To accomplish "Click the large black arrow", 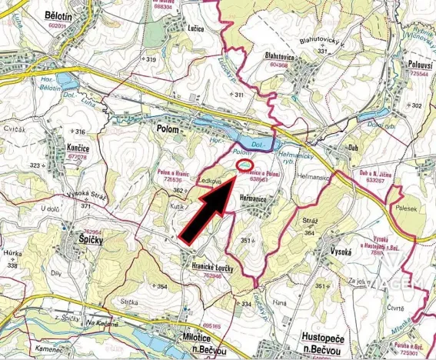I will coord(206,212).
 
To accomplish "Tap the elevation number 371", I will coord(85,206).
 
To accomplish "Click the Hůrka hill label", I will coord(12,254).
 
